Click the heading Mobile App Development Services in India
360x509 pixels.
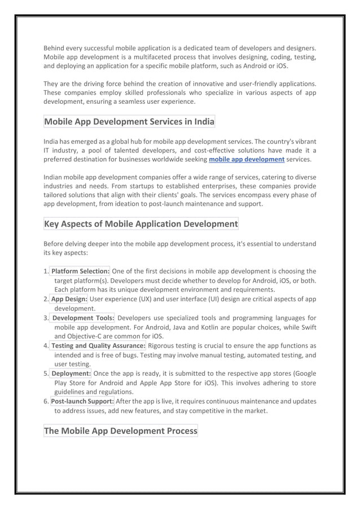[x=129, y=121]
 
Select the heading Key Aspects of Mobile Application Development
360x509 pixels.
[x=141, y=224]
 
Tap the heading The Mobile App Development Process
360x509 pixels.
[x=121, y=431]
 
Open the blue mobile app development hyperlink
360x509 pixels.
[x=246, y=160]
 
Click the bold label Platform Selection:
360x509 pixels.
[x=80, y=271]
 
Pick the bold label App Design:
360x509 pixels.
[x=69, y=299]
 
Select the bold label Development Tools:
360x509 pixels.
[x=83, y=318]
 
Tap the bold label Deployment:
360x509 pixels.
[x=71, y=374]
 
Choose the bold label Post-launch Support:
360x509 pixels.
[x=82, y=401]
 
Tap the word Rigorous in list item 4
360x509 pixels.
[x=164, y=345]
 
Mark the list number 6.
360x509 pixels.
[x=46, y=401]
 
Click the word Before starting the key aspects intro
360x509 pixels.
[x=56, y=244]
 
